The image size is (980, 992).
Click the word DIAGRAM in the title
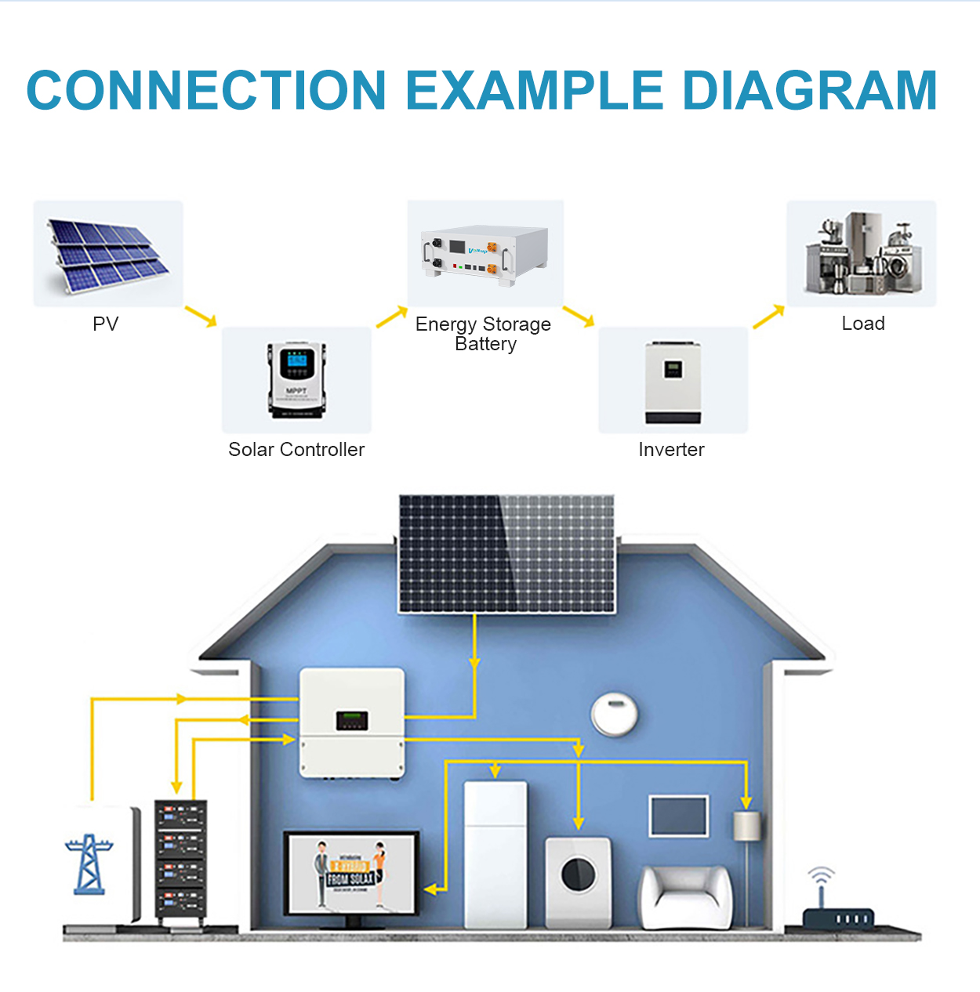click(x=810, y=90)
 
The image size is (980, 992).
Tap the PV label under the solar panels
click(x=106, y=324)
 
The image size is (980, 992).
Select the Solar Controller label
click(x=296, y=449)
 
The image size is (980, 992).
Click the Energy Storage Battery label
click(x=484, y=334)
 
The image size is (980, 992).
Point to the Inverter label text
click(x=671, y=449)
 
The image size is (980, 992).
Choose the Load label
click(x=863, y=323)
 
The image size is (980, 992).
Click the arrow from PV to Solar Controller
click(x=201, y=316)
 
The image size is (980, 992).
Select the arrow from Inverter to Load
click(x=768, y=316)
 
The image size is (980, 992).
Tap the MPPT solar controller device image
click(x=296, y=380)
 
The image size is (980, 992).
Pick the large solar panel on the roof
click(x=506, y=553)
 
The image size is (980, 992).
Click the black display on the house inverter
click(x=352, y=720)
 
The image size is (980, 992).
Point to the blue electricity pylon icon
click(x=89, y=864)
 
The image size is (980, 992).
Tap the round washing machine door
click(x=579, y=874)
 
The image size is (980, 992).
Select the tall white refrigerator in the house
click(x=495, y=854)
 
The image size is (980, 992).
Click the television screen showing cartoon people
click(x=350, y=873)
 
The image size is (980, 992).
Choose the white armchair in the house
click(x=686, y=897)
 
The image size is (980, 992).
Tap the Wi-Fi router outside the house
click(x=837, y=913)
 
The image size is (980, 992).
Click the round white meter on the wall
click(x=614, y=714)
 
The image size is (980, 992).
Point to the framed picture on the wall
click(x=679, y=816)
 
